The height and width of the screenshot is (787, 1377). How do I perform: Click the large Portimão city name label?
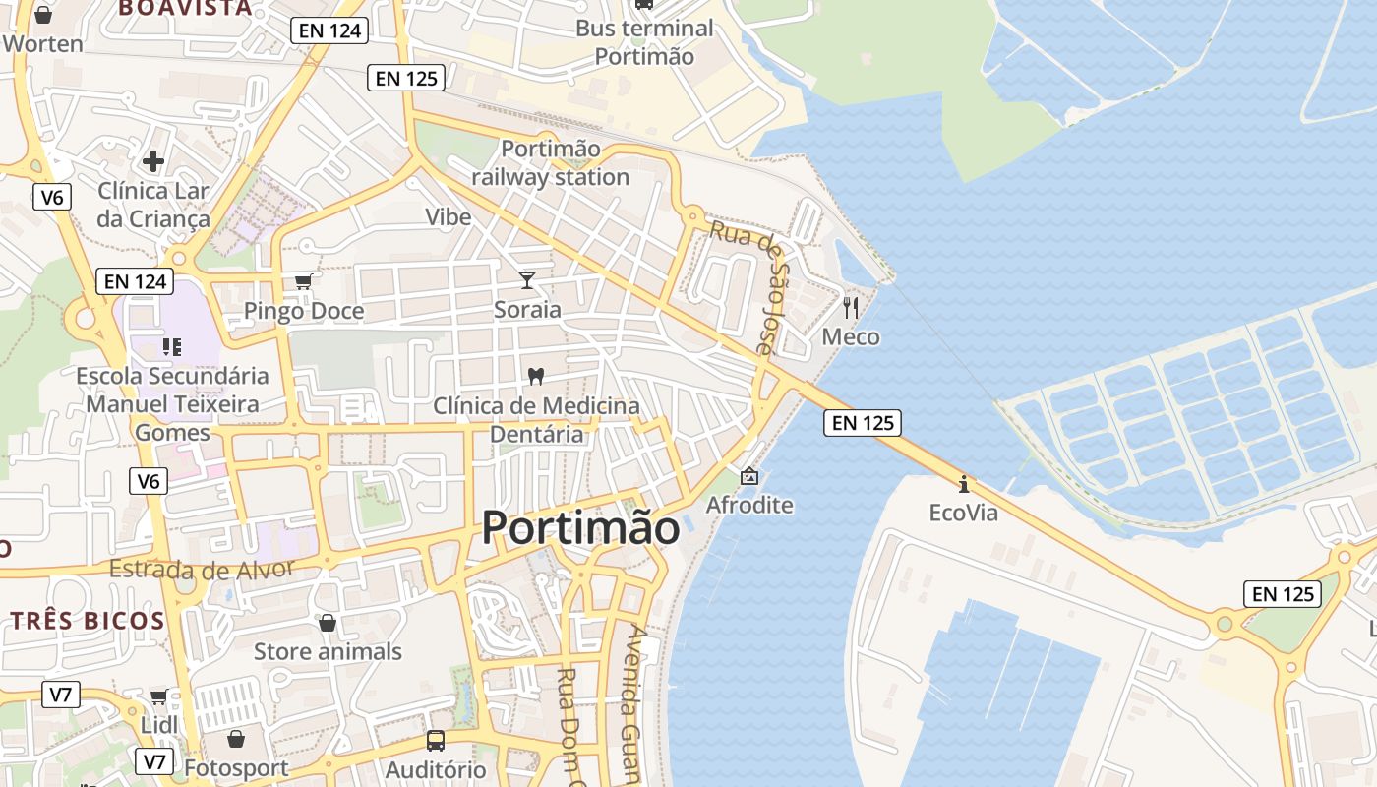(580, 528)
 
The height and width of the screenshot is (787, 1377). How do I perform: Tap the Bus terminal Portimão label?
(644, 42)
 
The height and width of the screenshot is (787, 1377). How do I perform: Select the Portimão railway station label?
(550, 163)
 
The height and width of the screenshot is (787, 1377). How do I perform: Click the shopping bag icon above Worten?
(42, 15)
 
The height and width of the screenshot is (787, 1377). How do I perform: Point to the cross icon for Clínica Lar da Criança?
(153, 160)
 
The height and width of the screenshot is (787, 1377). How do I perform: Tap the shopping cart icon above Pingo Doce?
(304, 281)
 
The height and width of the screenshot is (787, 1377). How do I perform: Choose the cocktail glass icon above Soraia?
(527, 280)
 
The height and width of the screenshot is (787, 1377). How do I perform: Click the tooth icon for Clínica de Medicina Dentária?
(536, 376)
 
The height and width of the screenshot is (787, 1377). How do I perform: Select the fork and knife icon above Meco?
(851, 307)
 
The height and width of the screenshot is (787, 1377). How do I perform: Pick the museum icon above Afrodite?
(749, 476)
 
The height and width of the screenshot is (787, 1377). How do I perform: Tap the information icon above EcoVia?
(964, 484)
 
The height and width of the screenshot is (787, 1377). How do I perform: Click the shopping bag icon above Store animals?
(328, 623)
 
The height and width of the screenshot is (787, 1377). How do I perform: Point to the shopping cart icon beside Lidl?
(158, 697)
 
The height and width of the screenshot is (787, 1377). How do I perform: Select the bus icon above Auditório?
(435, 741)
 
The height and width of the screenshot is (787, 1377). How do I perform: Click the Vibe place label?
(449, 216)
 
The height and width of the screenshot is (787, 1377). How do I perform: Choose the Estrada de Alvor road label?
(201, 569)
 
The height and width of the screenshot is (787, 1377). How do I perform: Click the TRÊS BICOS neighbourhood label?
(88, 621)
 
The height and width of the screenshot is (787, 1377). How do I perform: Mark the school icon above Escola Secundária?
(172, 346)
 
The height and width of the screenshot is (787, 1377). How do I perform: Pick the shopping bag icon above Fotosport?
(236, 739)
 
